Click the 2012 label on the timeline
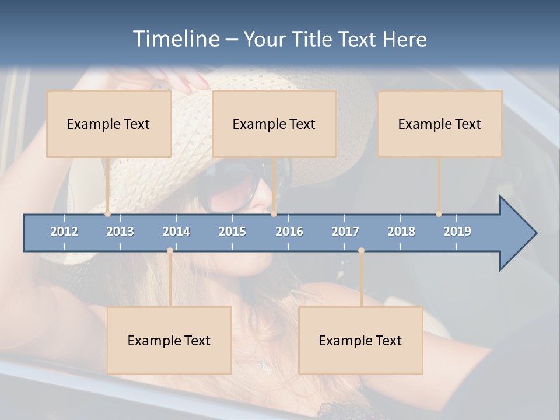tap(64, 232)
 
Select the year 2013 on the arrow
tap(120, 232)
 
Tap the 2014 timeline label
tap(176, 232)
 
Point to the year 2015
tap(232, 232)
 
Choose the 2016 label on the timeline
tap(289, 232)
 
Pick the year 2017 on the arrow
tap(345, 232)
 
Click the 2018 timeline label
tap(401, 232)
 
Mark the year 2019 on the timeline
tap(457, 232)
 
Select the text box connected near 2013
tap(108, 124)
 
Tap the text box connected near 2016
tap(274, 124)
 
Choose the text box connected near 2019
tap(440, 124)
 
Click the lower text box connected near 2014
tap(169, 340)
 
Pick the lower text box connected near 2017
tap(360, 340)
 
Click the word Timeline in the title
tap(176, 38)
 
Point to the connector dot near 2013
tap(108, 214)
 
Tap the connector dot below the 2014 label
tap(170, 251)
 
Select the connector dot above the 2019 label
tap(439, 214)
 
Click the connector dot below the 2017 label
tap(361, 251)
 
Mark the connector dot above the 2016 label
tap(274, 214)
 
